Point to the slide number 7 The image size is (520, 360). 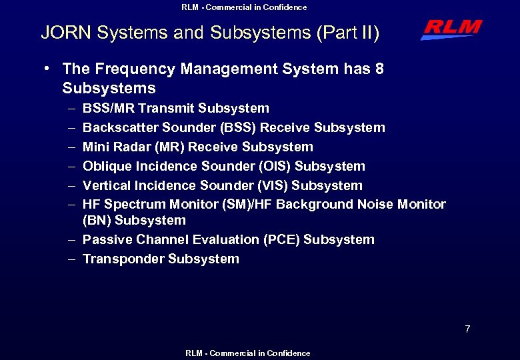tap(467, 329)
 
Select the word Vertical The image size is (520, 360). tap(107, 185)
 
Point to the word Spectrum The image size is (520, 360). tap(135, 205)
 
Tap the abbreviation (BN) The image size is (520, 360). tap(97, 220)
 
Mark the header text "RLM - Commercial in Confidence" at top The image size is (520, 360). tap(244, 7)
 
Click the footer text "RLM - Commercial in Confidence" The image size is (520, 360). tap(247, 353)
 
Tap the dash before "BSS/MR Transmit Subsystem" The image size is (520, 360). tap(71, 108)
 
